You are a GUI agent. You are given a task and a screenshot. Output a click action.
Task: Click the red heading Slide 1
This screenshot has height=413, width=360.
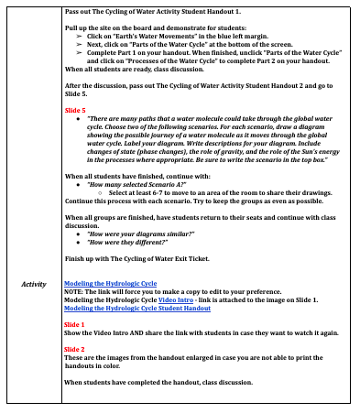pos(75,324)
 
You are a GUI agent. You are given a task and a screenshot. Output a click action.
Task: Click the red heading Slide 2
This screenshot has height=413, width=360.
pos(75,350)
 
